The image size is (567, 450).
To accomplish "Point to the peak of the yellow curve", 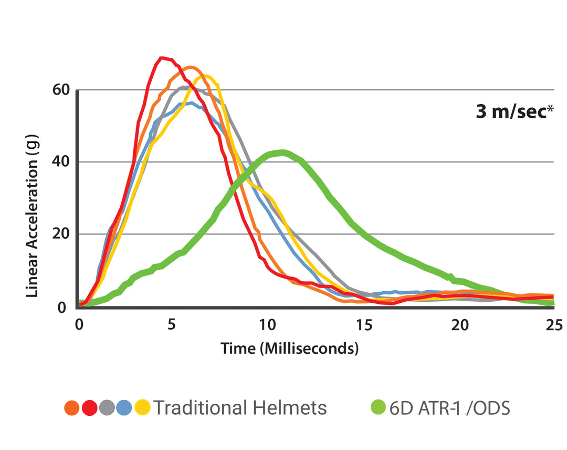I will pos(205,76).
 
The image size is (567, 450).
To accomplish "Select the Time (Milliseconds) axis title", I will pos(289,348).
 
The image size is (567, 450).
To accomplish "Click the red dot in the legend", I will pos(89,407).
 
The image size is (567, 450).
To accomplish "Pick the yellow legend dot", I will pos(142,407).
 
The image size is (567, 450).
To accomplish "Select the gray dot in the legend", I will pos(107,407).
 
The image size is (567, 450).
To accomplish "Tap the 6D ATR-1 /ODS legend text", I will pos(449,408).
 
